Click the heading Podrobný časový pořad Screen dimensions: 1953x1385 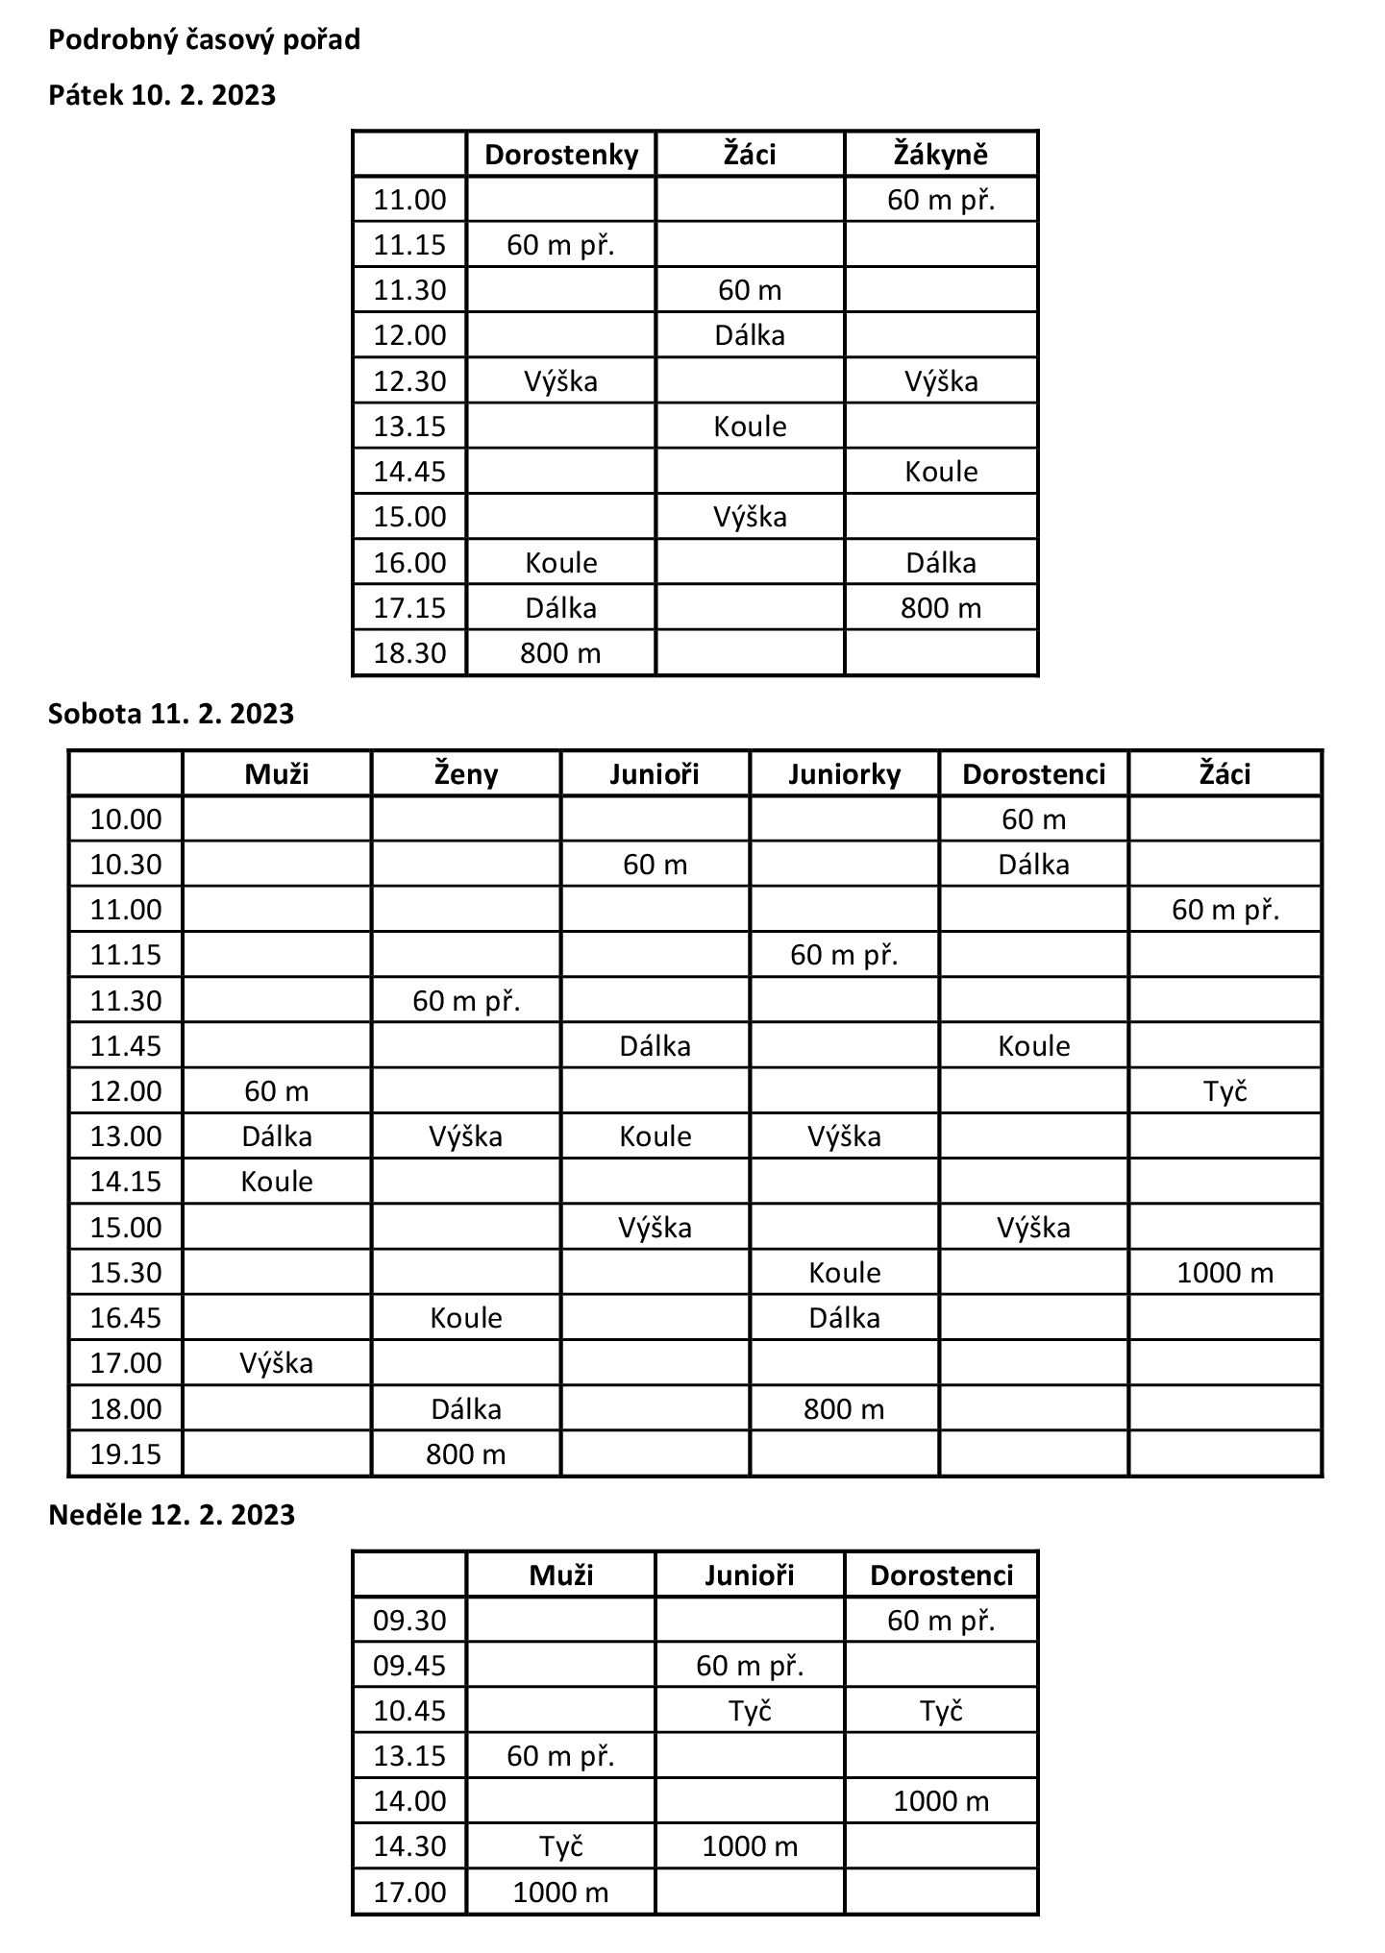[204, 40]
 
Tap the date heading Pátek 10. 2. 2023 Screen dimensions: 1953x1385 [161, 96]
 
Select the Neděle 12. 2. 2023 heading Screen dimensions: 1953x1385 [171, 1515]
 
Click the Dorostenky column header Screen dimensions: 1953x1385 [561, 155]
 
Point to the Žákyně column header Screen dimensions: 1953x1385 [941, 155]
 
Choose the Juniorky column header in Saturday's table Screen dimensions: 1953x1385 [844, 774]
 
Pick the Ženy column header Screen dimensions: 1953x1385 [466, 774]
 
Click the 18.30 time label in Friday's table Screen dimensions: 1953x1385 [409, 654]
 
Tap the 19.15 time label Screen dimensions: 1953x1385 [126, 1454]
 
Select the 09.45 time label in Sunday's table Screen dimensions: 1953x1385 [409, 1665]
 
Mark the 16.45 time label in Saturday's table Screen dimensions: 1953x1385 [126, 1318]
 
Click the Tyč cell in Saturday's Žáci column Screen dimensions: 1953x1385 [1224, 1091]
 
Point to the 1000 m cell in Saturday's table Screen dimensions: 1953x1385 [1224, 1273]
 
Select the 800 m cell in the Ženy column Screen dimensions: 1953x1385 [466, 1454]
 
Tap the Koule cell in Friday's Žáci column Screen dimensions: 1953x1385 [750, 427]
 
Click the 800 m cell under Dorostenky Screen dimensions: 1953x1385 [560, 654]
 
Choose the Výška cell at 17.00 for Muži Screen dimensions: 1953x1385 [277, 1363]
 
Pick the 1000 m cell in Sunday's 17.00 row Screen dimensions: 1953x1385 [560, 1892]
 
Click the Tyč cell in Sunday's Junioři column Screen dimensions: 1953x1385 [750, 1711]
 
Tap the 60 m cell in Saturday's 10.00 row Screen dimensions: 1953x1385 [1033, 819]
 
